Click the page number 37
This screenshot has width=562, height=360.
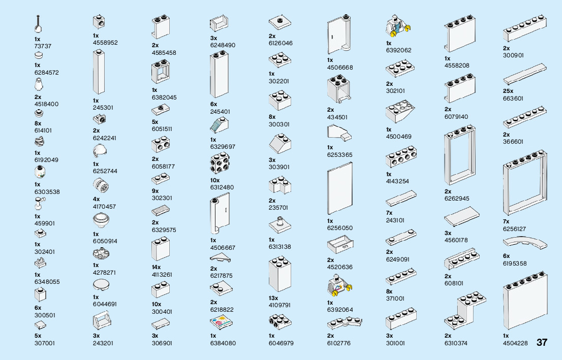tap(542, 342)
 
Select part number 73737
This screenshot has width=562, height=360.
tap(43, 46)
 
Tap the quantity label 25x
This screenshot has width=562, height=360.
tap(508, 91)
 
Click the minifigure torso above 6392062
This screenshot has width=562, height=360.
tap(397, 26)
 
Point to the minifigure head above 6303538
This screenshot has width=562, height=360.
tap(40, 172)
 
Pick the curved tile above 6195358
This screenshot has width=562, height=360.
tap(525, 243)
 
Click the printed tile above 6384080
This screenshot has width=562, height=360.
tap(221, 322)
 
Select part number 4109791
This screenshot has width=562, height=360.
tap(279, 305)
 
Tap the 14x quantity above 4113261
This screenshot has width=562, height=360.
tap(157, 267)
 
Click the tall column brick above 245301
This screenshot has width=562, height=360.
tap(99, 72)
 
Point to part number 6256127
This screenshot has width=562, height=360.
tap(514, 229)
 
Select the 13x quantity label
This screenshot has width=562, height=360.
tap(273, 298)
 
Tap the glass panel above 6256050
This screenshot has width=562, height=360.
tap(340, 188)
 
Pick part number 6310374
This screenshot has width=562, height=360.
tap(456, 343)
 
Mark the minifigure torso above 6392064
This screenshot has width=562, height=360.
tap(339, 286)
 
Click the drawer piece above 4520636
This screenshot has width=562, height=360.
tap(340, 245)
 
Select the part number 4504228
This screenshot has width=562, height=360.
tap(515, 343)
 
